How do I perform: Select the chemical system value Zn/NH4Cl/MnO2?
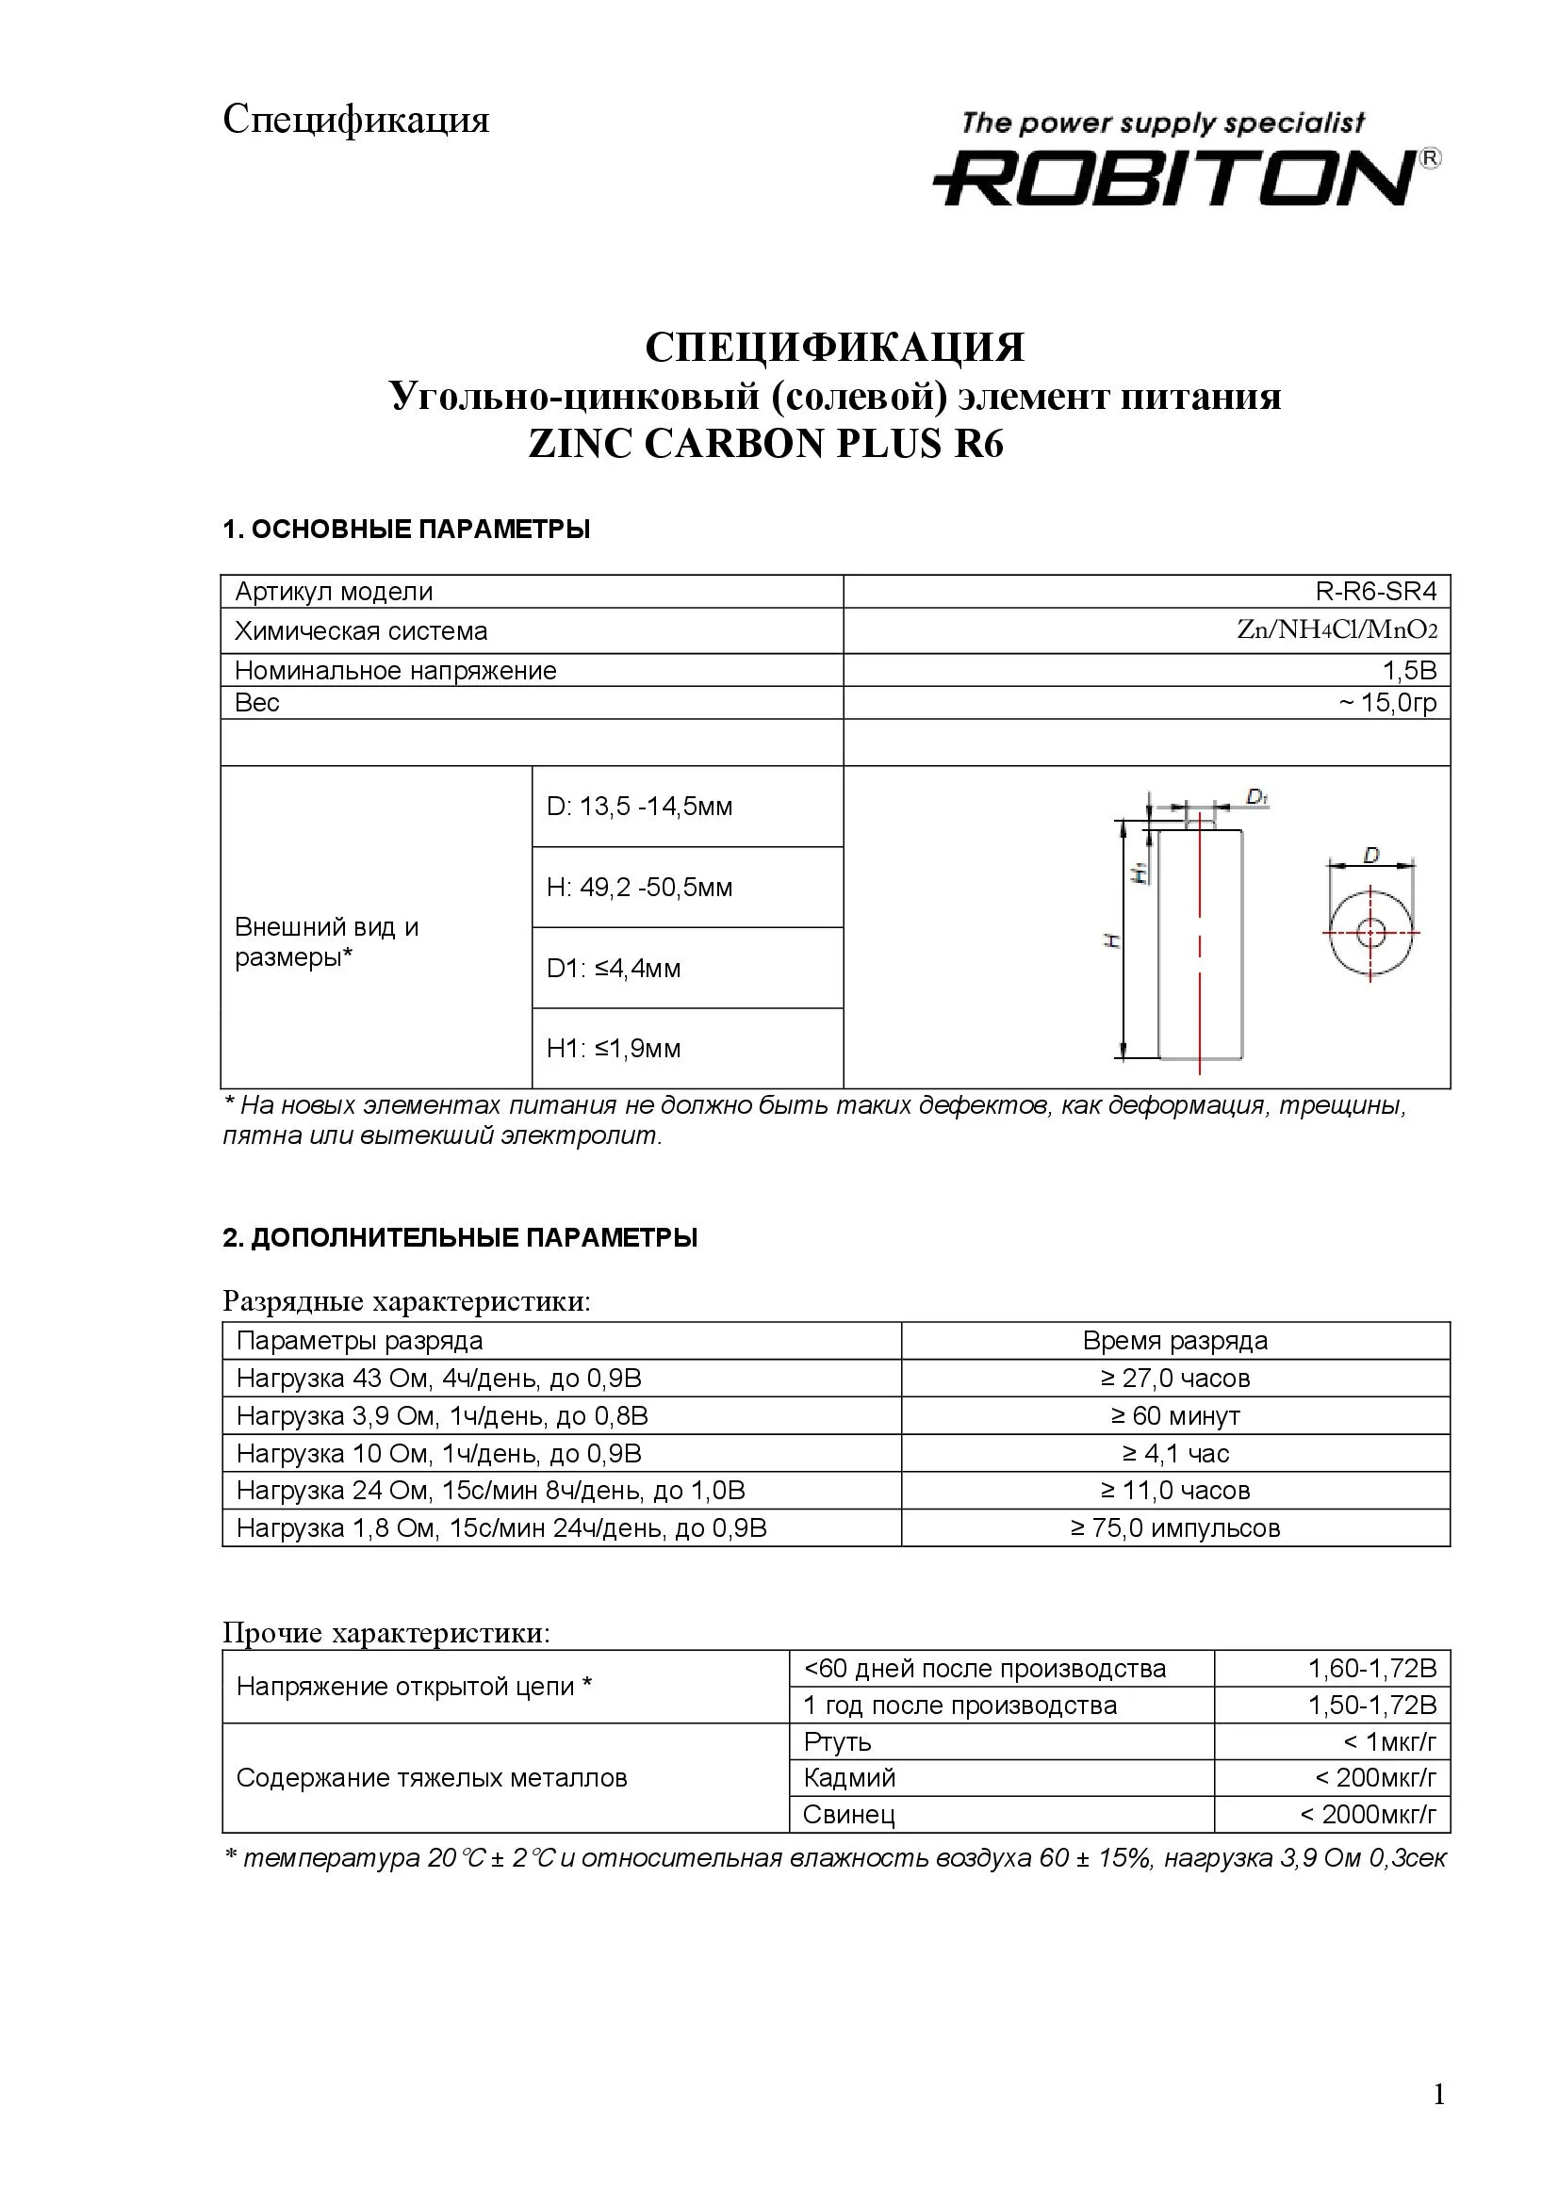[x=1337, y=630]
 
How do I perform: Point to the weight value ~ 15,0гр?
[x=1387, y=703]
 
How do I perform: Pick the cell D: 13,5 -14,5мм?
[x=639, y=807]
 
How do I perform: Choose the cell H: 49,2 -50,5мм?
[x=639, y=887]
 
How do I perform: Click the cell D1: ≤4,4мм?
[x=614, y=968]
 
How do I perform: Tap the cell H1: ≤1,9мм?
[x=614, y=1048]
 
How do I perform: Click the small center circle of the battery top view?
[x=1370, y=931]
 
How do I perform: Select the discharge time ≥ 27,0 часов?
[x=1175, y=1379]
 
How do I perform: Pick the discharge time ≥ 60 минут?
[x=1175, y=1416]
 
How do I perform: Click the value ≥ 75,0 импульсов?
[x=1175, y=1528]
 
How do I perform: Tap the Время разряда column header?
[x=1175, y=1341]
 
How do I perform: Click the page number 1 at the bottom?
[x=1438, y=2122]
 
